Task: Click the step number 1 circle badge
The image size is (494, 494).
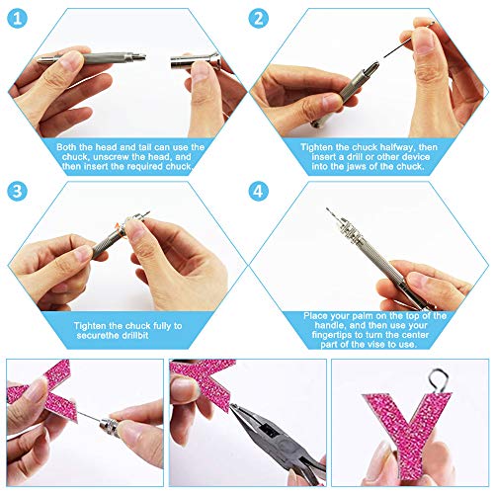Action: [17, 18]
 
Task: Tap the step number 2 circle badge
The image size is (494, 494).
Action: [259, 18]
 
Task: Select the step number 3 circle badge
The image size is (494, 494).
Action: [17, 191]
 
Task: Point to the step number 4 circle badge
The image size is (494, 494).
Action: [259, 191]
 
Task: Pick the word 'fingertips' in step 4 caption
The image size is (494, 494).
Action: [331, 335]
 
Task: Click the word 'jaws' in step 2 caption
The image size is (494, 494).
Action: [356, 167]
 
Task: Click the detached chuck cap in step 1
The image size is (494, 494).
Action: [195, 60]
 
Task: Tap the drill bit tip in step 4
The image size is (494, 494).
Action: [327, 208]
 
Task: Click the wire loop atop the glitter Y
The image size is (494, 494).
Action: [439, 381]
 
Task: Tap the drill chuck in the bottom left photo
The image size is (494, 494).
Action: [110, 426]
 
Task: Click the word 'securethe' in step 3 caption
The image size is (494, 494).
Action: [95, 336]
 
